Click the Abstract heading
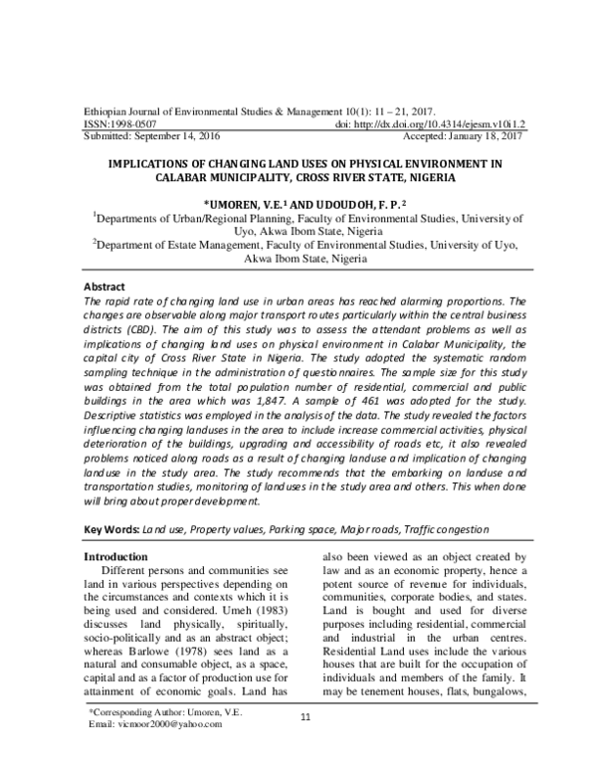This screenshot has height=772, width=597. (x=103, y=286)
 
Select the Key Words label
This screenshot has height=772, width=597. (x=110, y=531)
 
